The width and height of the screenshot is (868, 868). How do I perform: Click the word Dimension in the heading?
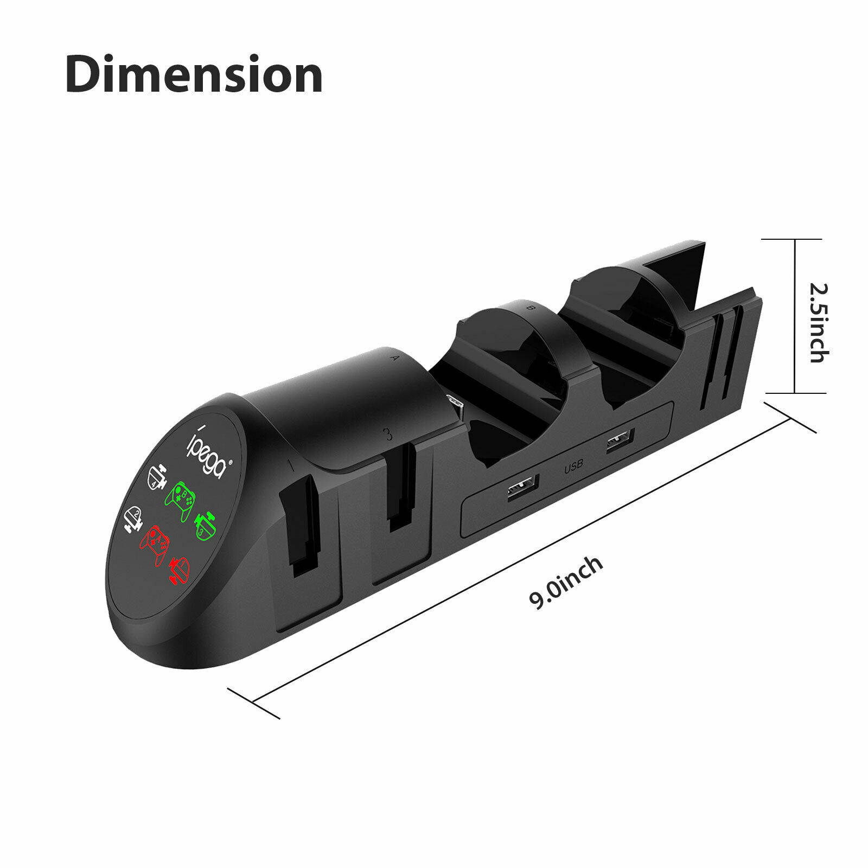click(194, 75)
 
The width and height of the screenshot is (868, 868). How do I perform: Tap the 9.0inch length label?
click(566, 583)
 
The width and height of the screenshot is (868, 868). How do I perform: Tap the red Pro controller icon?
click(155, 543)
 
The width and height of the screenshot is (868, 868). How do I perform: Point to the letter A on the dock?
click(394, 358)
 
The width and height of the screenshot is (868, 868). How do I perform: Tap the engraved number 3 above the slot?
click(387, 433)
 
